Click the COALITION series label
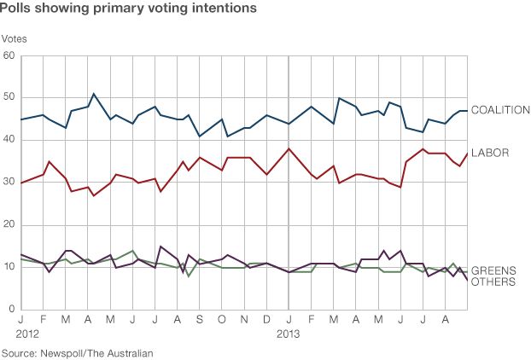coord(501,110)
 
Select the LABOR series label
coord(490,153)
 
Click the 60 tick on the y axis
coord(9,56)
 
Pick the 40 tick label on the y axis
coord(9,141)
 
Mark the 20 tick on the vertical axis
coord(9,225)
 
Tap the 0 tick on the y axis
coord(12,309)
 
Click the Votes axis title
coord(15,38)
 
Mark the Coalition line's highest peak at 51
coord(94,94)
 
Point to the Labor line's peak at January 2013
coord(289,148)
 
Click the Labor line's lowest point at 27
coord(94,195)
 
